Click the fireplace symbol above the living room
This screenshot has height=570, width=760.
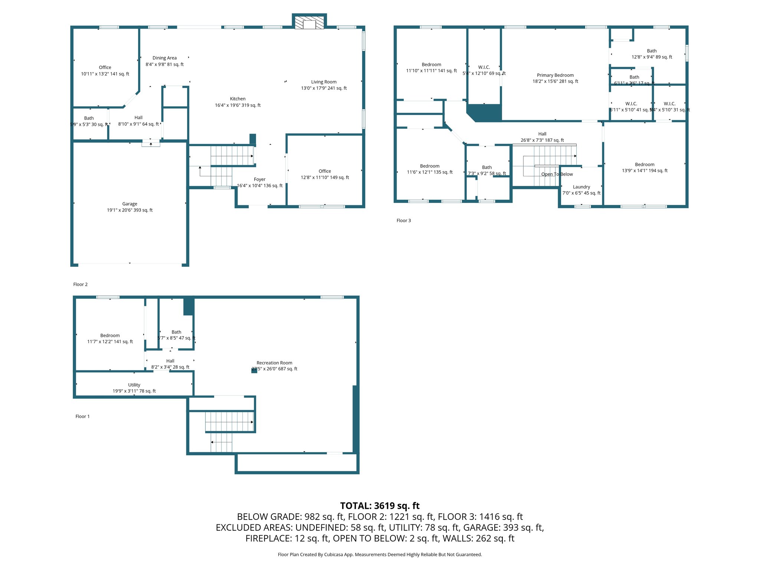point(309,22)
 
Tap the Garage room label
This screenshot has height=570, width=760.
point(130,204)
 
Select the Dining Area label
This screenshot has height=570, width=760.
point(164,58)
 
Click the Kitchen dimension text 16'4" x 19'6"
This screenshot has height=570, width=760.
point(237,105)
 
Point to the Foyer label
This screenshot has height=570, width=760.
point(259,179)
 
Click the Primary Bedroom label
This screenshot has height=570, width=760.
point(555,75)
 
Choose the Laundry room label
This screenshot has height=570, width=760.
point(581,187)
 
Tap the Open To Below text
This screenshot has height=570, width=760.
point(557,174)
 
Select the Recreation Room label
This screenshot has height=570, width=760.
point(274,363)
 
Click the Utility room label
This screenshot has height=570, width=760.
point(134,385)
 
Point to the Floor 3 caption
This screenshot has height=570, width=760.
point(403,220)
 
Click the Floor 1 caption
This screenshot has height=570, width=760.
point(82,416)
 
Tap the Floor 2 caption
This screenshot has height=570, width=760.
point(80,284)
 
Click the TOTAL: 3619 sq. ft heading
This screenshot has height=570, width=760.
point(380,506)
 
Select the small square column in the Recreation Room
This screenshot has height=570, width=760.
point(254,370)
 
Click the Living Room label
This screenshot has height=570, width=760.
point(324,82)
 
